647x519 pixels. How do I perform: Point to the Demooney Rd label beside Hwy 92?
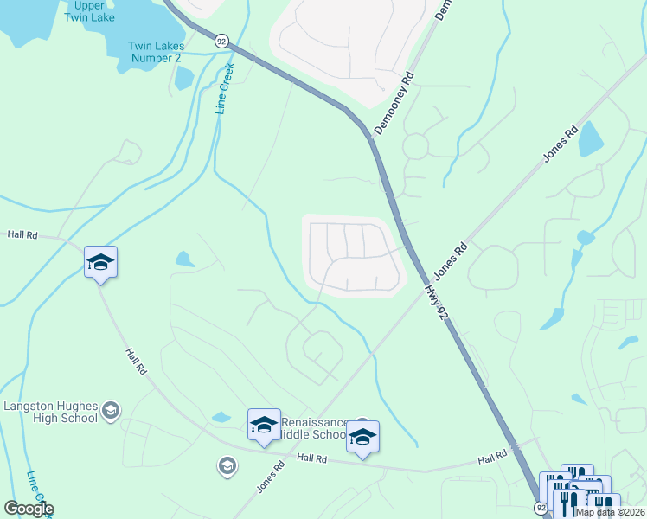point(394,102)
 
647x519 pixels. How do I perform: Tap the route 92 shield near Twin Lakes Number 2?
point(222,40)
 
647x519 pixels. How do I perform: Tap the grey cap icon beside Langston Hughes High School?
point(110,410)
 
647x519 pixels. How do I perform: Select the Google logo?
point(28,509)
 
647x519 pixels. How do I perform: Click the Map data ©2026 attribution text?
point(609,512)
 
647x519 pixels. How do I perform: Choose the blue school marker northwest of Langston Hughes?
point(100,262)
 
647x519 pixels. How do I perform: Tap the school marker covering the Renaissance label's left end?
point(264,424)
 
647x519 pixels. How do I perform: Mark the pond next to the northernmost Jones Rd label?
point(590,138)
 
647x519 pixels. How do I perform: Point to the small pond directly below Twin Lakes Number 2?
point(183,78)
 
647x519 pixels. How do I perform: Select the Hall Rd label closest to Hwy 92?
point(491,456)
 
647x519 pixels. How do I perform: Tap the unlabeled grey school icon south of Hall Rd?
point(227,466)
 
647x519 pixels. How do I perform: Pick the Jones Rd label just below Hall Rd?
point(271,478)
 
